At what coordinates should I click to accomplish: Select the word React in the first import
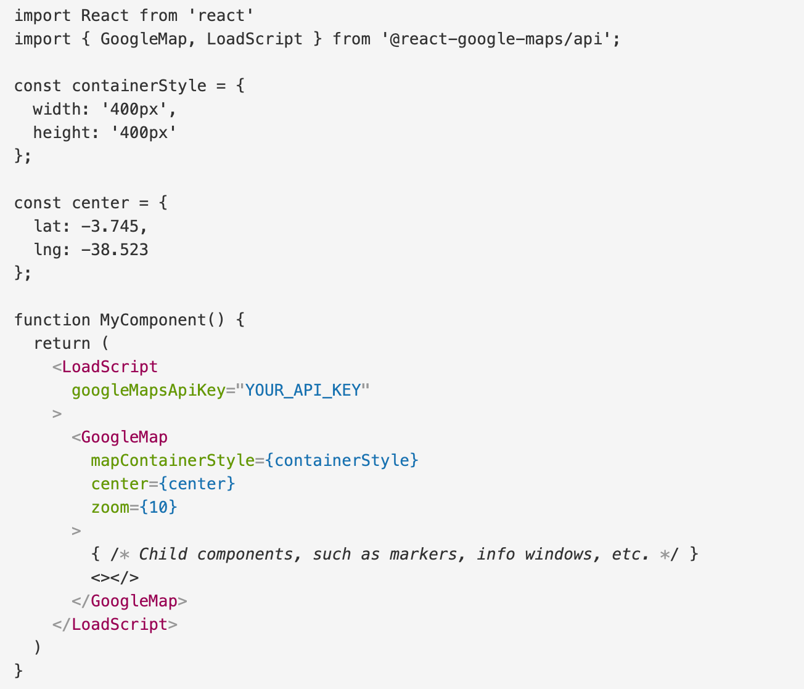tap(105, 15)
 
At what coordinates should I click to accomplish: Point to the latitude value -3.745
tap(110, 226)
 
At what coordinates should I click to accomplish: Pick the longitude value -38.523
tap(115, 250)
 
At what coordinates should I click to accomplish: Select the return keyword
tap(62, 343)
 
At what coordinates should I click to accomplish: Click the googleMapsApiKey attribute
tap(148, 390)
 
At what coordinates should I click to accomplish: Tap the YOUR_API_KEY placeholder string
tap(303, 390)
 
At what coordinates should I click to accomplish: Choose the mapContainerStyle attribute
tap(172, 460)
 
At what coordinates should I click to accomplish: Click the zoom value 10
tap(158, 507)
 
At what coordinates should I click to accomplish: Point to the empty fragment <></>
tap(115, 577)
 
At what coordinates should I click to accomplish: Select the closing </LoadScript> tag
tap(115, 624)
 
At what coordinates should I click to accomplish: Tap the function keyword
tap(52, 320)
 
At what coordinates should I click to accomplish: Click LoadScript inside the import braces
tap(254, 39)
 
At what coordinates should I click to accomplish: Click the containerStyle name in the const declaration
tap(139, 86)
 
